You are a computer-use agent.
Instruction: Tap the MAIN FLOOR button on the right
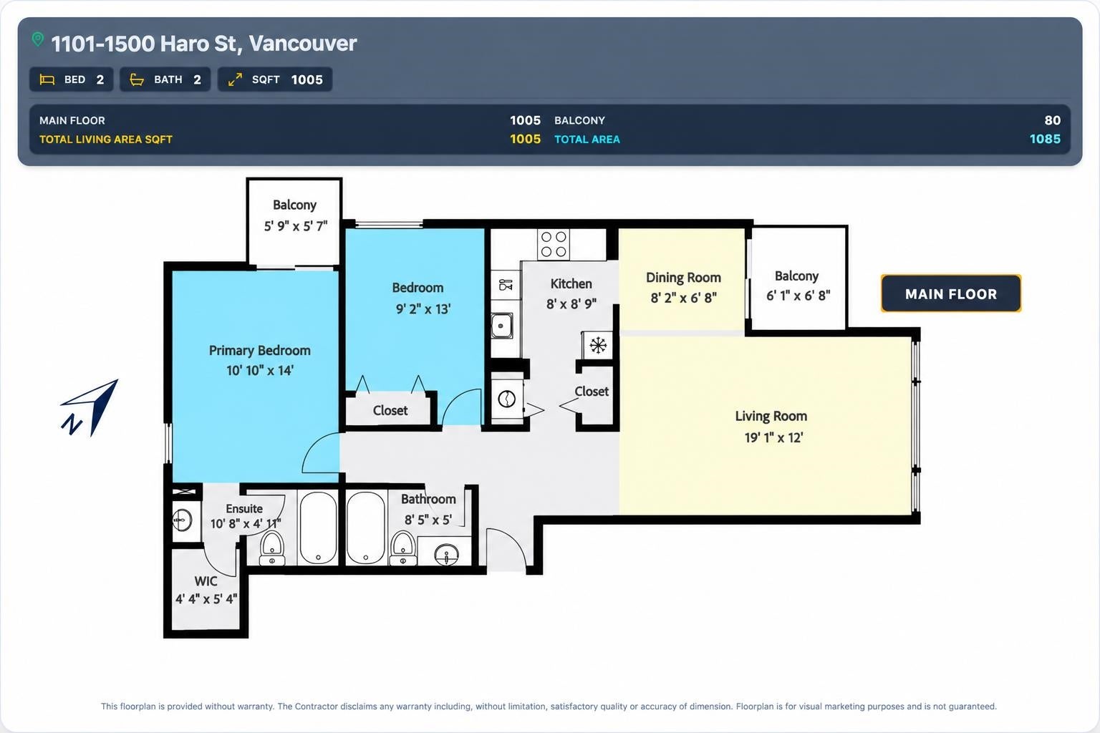(x=951, y=293)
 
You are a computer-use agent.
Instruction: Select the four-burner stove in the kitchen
(x=554, y=244)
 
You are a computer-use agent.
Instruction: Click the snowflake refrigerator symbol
(x=598, y=345)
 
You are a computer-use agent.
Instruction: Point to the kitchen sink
(x=502, y=326)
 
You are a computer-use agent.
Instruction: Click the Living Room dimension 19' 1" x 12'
(x=773, y=437)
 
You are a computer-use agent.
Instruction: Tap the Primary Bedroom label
(x=260, y=351)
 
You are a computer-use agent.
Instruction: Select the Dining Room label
(x=683, y=278)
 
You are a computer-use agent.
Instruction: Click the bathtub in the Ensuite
(x=318, y=528)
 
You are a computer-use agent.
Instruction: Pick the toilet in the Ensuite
(x=272, y=548)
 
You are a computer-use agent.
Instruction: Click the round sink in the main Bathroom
(x=446, y=555)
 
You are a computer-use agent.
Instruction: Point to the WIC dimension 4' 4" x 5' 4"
(x=206, y=599)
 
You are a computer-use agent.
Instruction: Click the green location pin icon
(x=38, y=39)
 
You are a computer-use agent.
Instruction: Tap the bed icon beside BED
(x=47, y=79)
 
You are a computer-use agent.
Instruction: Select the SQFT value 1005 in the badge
(x=307, y=79)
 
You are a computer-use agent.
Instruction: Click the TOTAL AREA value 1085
(x=1045, y=139)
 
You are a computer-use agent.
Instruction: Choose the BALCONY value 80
(x=1052, y=120)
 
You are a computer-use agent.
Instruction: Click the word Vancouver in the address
(x=302, y=43)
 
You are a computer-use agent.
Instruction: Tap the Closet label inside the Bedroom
(x=390, y=410)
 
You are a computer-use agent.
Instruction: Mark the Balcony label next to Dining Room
(x=796, y=276)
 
